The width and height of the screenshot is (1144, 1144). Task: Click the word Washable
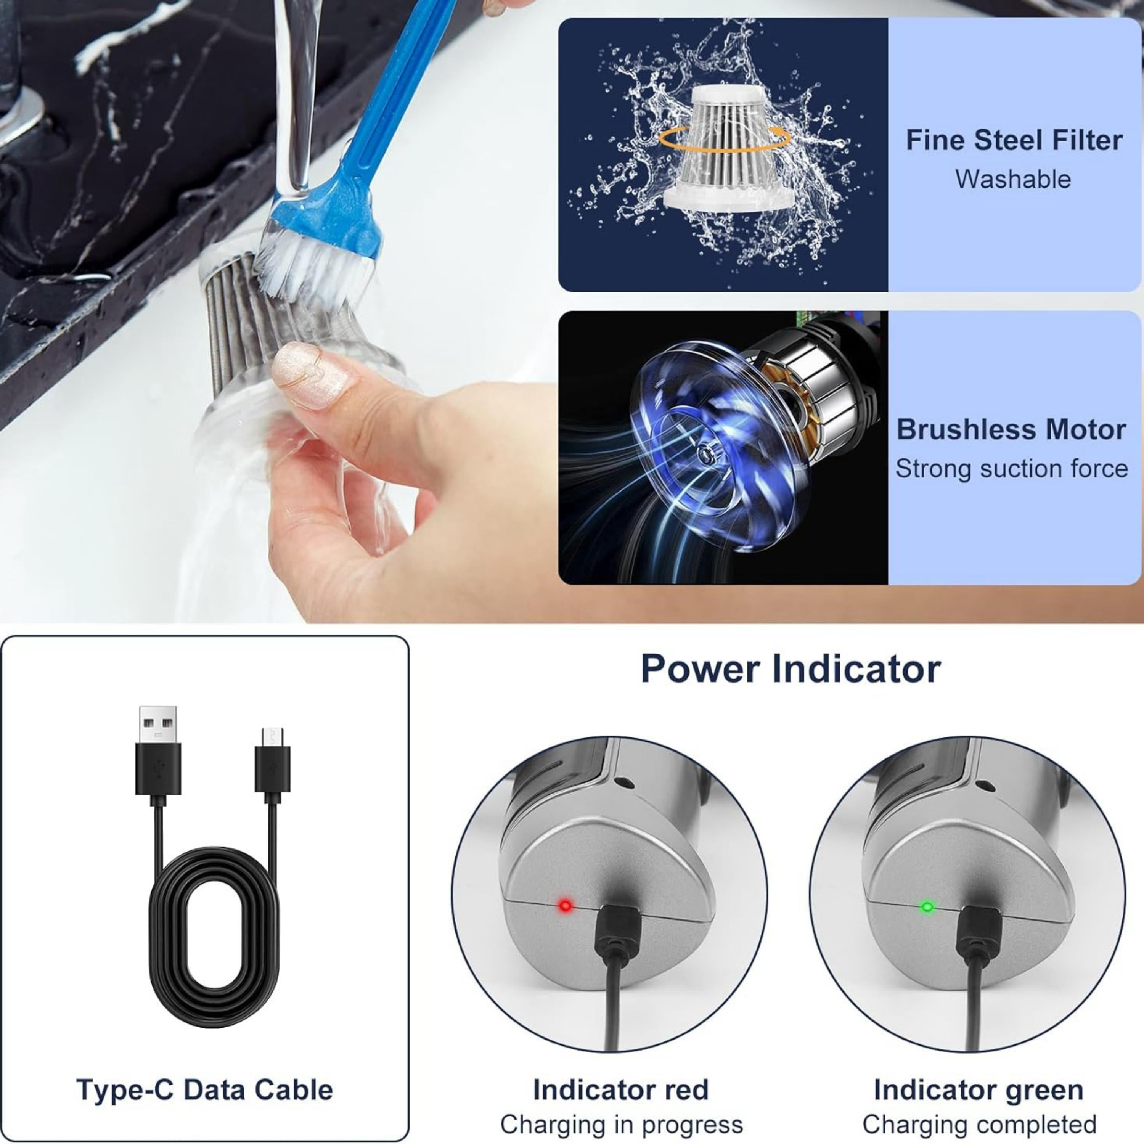pos(1013,179)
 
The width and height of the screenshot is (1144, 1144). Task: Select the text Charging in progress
pos(621,1125)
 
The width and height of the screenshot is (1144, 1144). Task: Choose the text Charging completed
pos(979,1125)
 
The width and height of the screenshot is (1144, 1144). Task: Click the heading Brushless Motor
pos(1011,429)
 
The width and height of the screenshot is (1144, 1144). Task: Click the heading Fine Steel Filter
pos(1014,140)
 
